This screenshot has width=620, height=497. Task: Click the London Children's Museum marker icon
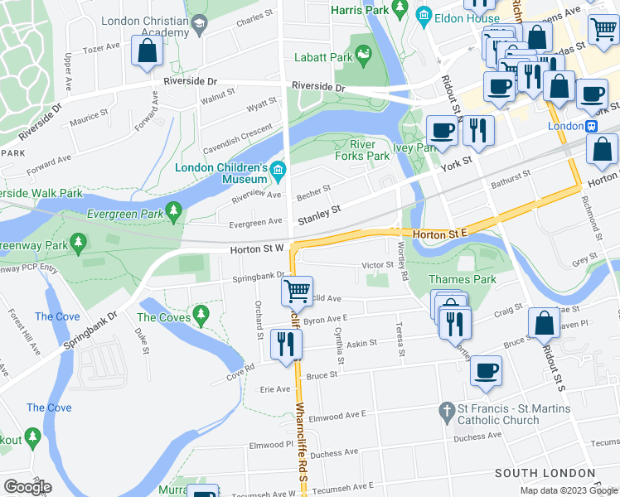[x=279, y=172]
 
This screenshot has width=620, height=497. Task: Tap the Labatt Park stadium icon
[x=363, y=55]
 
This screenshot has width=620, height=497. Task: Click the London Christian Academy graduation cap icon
[x=199, y=26]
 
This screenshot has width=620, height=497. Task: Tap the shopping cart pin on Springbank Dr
[x=297, y=291]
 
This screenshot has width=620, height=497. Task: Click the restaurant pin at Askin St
[x=286, y=344]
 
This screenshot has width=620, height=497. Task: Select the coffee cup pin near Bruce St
[x=486, y=370]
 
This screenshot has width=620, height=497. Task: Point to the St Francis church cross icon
[x=446, y=411]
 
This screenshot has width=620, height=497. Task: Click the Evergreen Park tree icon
[x=173, y=212]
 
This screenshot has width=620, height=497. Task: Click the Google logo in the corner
[x=27, y=487]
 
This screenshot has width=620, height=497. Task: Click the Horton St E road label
[x=440, y=234]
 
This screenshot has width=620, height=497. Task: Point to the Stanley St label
[x=320, y=215]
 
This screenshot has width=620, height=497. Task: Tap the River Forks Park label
[x=362, y=150]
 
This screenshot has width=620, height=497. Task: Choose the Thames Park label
[x=462, y=279]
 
